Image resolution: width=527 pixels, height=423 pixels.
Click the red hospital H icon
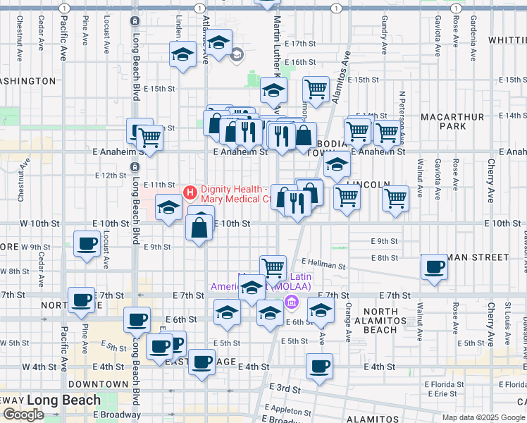pos(190,192)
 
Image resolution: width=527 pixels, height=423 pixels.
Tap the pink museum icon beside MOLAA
pos(290,303)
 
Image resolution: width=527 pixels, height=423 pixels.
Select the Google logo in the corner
pos(23,415)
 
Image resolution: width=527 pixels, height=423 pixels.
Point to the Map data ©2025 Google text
pos(483,417)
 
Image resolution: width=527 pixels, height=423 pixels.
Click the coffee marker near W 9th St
pos(87,244)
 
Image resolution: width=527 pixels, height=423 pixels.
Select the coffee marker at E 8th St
pos(434,267)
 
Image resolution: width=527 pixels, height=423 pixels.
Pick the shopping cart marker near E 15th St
pos(316,90)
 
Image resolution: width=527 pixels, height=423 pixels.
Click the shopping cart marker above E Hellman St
pos(273,267)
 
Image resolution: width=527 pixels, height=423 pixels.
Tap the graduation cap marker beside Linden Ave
pos(182,54)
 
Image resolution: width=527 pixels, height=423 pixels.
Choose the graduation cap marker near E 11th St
pos(168,207)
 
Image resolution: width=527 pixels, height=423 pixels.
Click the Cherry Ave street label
pos(490,180)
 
